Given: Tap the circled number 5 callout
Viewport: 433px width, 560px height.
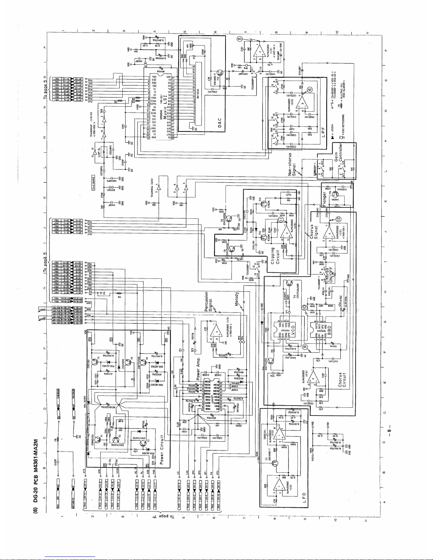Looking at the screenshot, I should (x=240, y=39).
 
